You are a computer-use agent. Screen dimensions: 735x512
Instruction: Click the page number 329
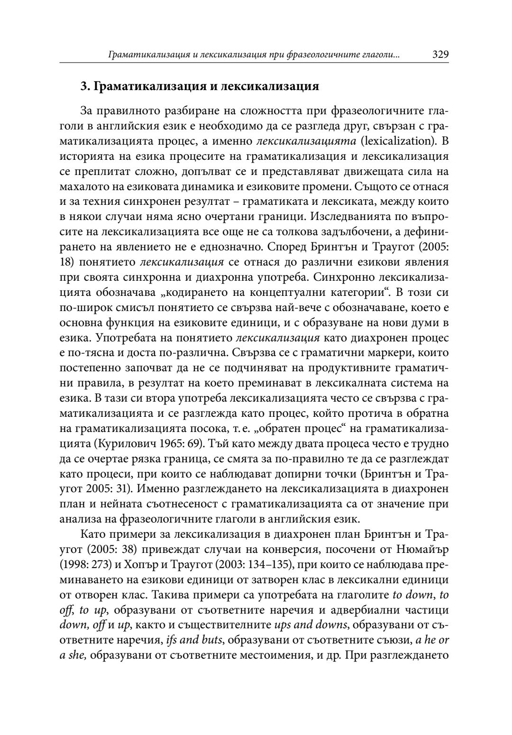coord(440,54)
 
